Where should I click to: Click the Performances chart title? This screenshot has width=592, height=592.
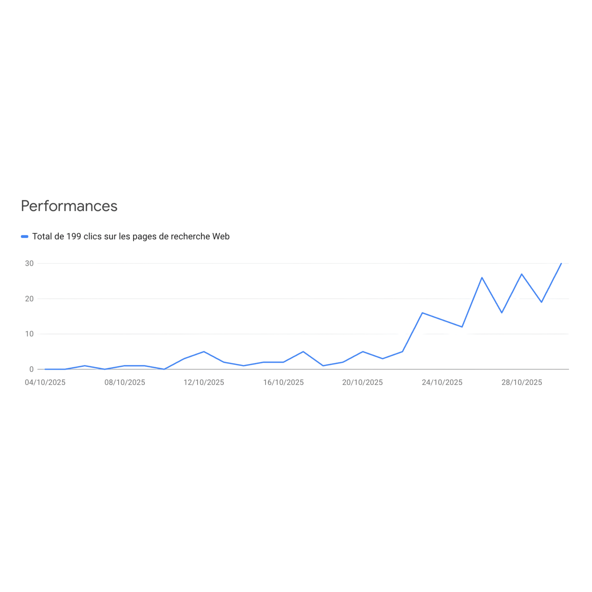[69, 206]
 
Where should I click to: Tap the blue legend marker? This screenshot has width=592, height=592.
[24, 237]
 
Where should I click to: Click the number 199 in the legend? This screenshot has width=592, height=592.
[74, 237]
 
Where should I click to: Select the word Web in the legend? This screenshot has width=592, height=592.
[221, 237]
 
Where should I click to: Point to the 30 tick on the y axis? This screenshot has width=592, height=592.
[29, 263]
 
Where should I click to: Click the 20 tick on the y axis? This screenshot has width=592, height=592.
[29, 299]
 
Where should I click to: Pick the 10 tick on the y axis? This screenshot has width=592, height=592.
[29, 334]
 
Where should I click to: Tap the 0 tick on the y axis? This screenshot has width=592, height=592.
[31, 369]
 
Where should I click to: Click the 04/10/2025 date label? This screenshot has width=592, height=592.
[45, 382]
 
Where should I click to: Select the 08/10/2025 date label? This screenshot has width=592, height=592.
[125, 382]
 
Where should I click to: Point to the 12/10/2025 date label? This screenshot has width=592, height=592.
[204, 382]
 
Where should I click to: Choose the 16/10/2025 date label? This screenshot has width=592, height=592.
[283, 382]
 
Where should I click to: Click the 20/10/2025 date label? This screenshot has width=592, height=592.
[363, 382]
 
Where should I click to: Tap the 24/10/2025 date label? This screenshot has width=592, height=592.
[442, 382]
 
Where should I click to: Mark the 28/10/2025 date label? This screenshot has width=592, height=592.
[521, 382]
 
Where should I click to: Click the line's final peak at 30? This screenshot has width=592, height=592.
[561, 263]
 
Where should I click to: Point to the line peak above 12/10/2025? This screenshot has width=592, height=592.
[204, 351]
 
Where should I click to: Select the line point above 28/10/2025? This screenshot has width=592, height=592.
[521, 274]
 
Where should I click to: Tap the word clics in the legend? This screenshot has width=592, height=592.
[92, 237]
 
